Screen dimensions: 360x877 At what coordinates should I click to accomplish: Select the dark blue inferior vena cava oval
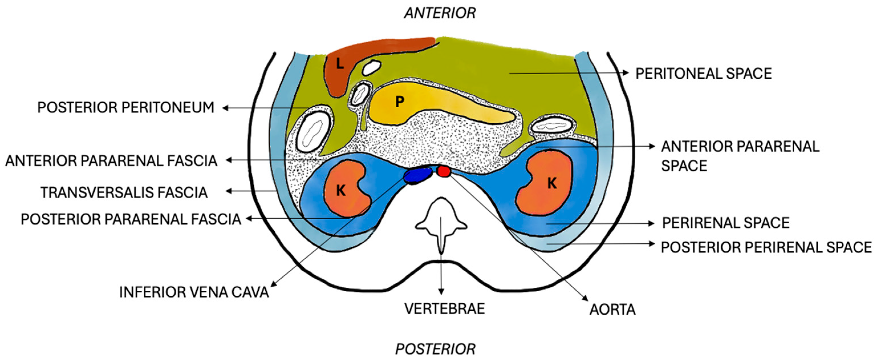(417, 175)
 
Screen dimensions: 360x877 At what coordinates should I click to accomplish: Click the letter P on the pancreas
(400, 101)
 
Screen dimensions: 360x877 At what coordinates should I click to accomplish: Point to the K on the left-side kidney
(341, 191)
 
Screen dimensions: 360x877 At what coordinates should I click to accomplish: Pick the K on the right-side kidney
(552, 184)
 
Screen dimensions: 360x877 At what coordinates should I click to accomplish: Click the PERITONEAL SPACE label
(704, 74)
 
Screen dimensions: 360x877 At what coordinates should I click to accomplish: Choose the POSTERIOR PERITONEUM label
(126, 108)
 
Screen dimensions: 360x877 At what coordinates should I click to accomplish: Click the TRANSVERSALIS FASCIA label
(124, 193)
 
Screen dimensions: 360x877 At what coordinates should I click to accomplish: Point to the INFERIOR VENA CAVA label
(194, 292)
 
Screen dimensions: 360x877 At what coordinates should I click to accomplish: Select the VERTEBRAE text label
(444, 309)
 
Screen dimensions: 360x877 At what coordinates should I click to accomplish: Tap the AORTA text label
(613, 310)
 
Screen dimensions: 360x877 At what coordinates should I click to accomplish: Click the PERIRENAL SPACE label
(725, 223)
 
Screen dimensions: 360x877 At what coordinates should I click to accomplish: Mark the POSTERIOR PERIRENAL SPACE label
(766, 248)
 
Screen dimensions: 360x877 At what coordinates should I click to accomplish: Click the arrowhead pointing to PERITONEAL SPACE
(625, 72)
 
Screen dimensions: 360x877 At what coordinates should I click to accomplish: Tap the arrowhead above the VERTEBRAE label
(441, 292)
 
